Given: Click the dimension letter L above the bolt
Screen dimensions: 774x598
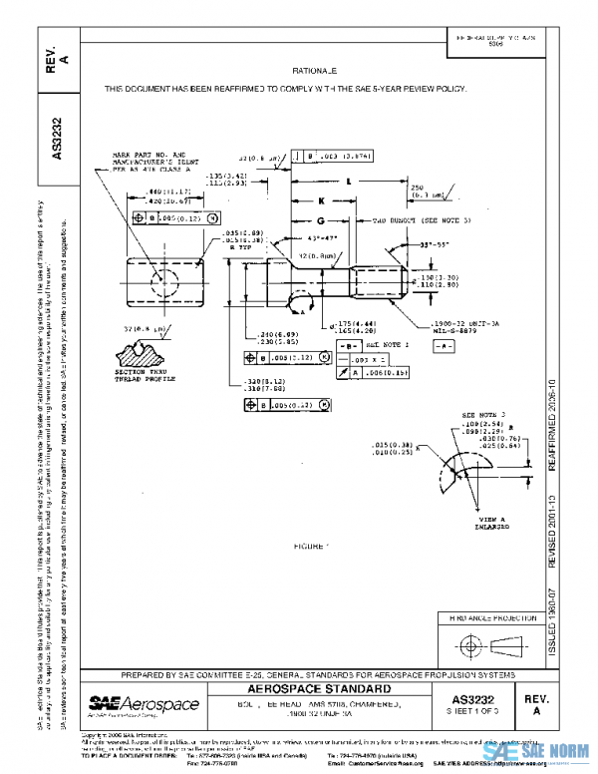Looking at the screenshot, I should tap(348, 183).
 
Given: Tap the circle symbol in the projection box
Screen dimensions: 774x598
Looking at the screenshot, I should tap(464, 641).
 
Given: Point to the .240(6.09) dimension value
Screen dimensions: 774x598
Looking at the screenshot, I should tap(259, 335).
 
